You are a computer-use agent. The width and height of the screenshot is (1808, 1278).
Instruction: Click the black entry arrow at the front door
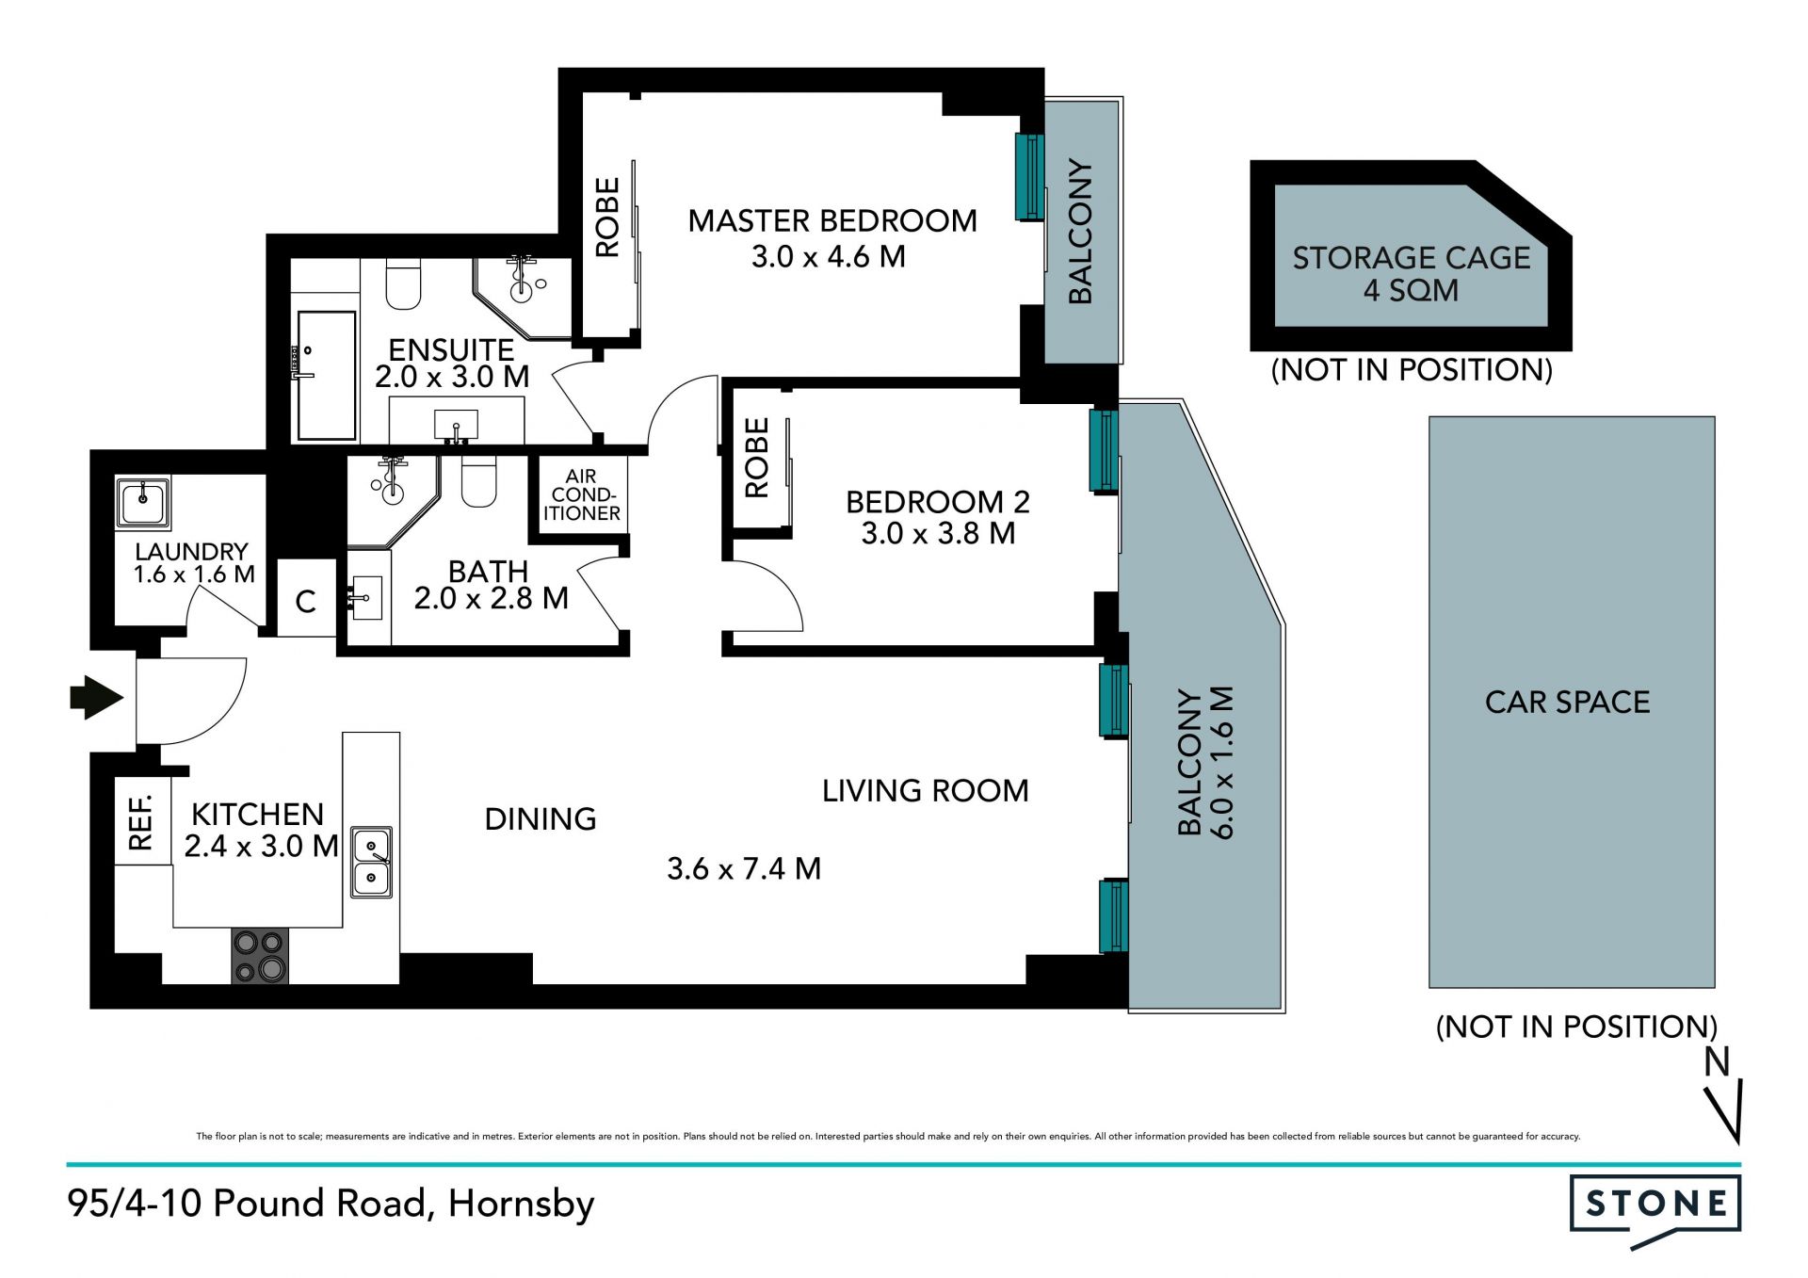click(x=97, y=698)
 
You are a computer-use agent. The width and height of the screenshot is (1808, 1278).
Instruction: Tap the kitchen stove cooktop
click(x=260, y=956)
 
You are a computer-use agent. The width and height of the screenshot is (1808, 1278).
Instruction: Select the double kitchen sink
click(x=372, y=862)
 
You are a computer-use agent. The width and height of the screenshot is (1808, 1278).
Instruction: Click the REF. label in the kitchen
click(x=140, y=822)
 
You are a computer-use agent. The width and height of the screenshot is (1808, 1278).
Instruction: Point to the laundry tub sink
click(x=143, y=503)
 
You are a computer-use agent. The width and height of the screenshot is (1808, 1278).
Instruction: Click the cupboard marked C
click(x=306, y=602)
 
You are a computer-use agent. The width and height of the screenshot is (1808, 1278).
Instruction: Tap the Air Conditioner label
click(x=582, y=495)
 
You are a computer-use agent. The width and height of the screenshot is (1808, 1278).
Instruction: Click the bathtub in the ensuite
click(x=326, y=376)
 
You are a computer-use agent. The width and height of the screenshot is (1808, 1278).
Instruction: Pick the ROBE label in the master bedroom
click(x=607, y=218)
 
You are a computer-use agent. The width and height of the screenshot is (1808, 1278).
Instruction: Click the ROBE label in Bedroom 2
click(x=756, y=458)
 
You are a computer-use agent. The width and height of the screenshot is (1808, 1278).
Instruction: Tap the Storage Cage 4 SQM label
click(x=1411, y=274)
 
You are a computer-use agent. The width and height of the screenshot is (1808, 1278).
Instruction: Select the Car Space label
click(x=1567, y=702)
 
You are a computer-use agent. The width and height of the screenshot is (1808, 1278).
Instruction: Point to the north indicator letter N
click(x=1718, y=1061)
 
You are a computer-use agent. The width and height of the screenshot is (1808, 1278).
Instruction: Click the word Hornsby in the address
click(x=522, y=1205)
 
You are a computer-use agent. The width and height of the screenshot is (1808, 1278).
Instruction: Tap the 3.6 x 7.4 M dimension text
click(x=744, y=868)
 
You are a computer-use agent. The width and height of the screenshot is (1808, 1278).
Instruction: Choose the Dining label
click(x=541, y=819)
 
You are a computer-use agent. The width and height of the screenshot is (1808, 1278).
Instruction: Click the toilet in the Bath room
click(x=479, y=481)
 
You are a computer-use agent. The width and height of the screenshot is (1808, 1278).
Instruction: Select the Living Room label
click(x=926, y=791)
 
